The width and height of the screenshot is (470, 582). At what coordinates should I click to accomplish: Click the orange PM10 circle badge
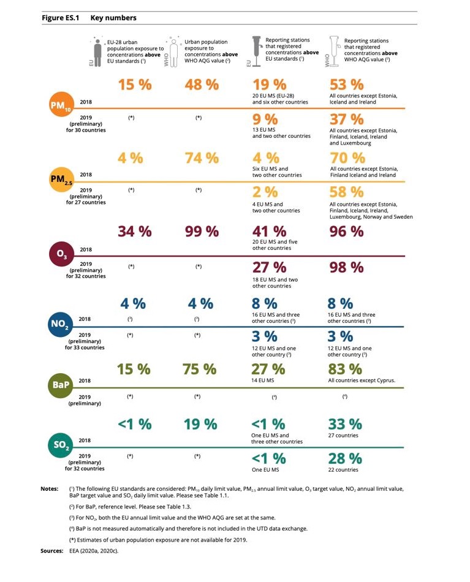point(62,104)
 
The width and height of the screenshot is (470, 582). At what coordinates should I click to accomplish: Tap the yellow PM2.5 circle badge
point(62,180)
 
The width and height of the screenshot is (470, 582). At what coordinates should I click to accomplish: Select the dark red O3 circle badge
point(62,254)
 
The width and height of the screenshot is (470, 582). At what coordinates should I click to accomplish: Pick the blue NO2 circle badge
point(60,324)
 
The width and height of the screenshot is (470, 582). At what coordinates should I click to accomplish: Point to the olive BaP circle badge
point(60,385)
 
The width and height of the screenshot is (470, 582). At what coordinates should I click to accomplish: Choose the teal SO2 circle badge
point(61,445)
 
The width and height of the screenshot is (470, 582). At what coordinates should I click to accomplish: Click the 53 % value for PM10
point(346,85)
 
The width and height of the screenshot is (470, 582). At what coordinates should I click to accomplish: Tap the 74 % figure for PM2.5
point(202,158)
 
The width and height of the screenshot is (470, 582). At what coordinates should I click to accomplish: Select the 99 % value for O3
point(202,232)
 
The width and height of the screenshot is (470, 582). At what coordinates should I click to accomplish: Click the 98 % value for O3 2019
point(346,267)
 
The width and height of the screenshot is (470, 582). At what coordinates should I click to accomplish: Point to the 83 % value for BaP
point(345,369)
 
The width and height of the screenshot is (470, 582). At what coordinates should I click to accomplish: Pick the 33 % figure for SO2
point(345,425)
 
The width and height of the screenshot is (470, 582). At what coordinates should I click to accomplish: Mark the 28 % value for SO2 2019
point(345,459)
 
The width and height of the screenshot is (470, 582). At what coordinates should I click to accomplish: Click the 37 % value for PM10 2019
point(346,119)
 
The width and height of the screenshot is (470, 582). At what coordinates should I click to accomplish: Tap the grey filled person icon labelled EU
point(97,52)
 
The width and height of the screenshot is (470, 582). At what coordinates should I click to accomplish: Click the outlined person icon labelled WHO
point(174,52)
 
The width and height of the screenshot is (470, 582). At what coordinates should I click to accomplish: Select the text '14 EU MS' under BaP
point(262,380)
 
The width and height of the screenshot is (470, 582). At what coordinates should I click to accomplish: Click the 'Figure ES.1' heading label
point(60,18)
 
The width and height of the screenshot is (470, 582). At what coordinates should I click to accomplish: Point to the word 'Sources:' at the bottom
point(52,551)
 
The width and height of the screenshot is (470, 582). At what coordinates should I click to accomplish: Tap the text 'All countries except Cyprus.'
point(362,380)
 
